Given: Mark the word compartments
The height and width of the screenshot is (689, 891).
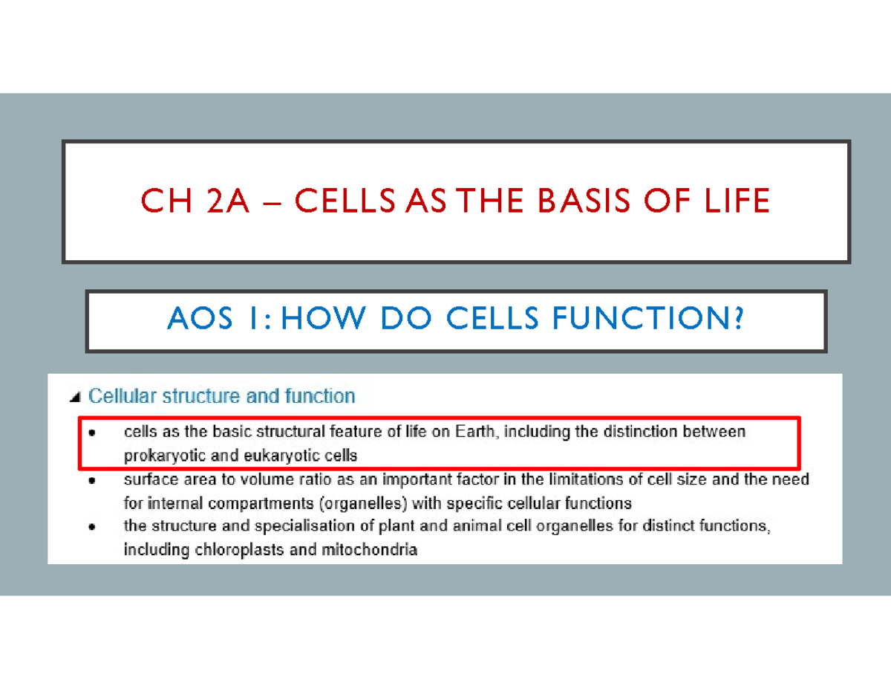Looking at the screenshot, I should click(257, 502).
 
